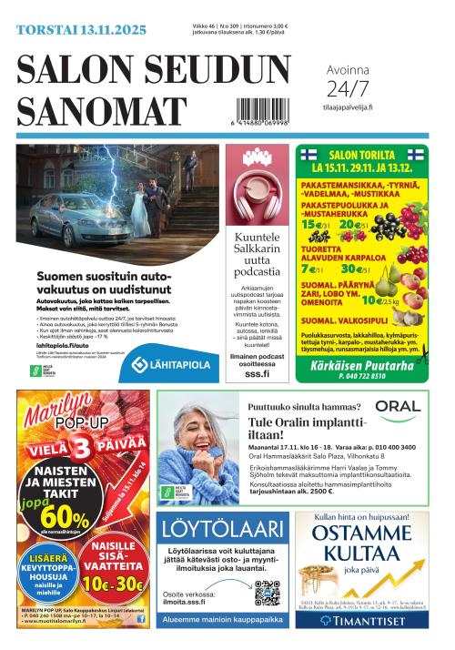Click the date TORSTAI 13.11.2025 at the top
[81, 30]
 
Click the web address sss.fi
[258, 372]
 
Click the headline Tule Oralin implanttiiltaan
[307, 428]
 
